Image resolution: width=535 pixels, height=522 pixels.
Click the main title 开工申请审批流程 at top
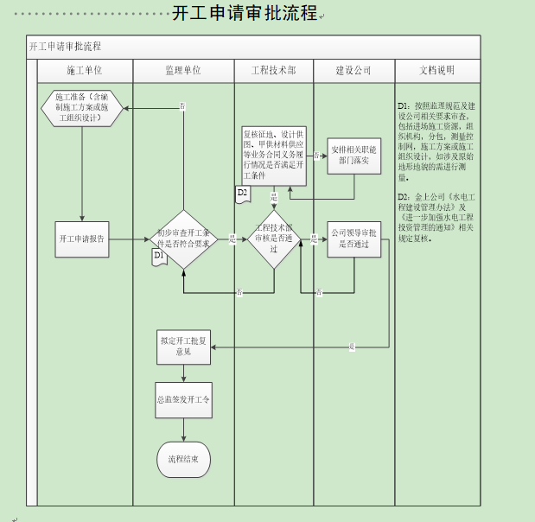coord(245,14)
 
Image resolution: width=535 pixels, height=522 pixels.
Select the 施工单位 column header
coord(84,70)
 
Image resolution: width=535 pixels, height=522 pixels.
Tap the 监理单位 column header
coord(183,70)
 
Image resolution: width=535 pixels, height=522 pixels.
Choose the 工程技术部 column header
coord(273,70)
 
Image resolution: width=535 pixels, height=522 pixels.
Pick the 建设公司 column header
coord(353,70)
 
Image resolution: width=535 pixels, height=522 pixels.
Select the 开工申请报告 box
coord(82,239)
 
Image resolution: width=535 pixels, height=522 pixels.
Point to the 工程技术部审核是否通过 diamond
coord(273,239)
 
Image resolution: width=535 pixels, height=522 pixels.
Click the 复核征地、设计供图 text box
coord(273,156)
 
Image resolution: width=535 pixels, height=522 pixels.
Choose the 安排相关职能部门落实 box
coord(353,156)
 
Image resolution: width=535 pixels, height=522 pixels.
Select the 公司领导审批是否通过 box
coord(353,239)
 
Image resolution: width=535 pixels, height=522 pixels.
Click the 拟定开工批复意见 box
coord(182,347)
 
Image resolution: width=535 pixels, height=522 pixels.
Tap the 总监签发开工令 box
coord(183,401)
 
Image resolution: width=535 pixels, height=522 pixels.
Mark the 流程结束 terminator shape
coord(183,459)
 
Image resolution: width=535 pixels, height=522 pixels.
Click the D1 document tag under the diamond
coord(159,257)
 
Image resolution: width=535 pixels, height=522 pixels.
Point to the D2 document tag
coord(243,194)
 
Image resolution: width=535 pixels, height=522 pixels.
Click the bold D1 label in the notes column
coord(403,105)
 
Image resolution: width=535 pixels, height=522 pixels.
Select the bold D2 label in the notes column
coord(403,197)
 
